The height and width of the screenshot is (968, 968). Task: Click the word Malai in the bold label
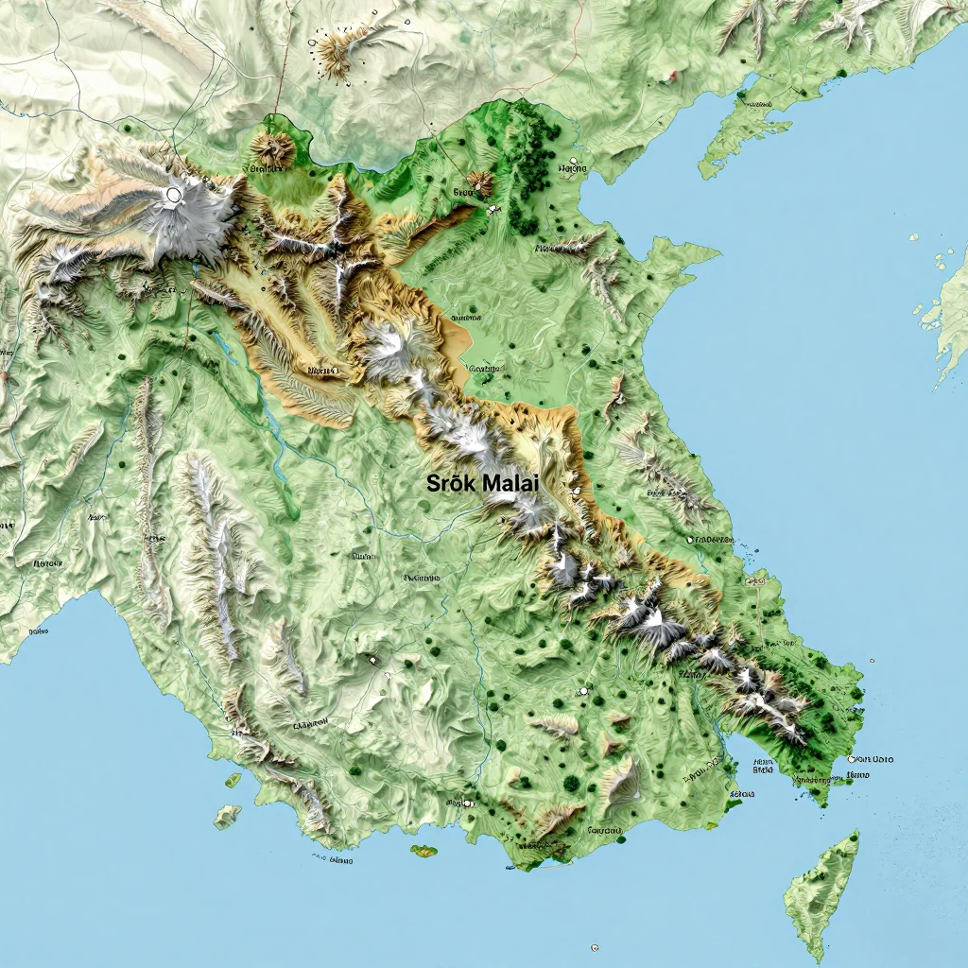[510, 483]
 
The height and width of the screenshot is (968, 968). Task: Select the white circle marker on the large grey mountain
[173, 195]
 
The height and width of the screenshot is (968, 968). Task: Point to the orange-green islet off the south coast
[423, 851]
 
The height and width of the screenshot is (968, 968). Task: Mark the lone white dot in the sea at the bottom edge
[595, 947]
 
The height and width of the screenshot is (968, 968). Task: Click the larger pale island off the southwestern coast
[226, 816]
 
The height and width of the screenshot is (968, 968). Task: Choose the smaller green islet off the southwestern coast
[233, 781]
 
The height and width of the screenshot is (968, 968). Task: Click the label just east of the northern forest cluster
[572, 169]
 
